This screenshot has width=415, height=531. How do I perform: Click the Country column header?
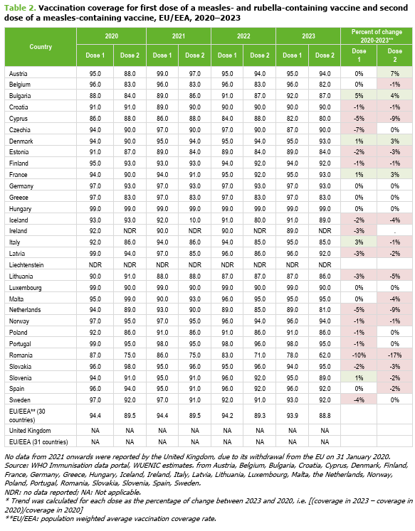[41, 47]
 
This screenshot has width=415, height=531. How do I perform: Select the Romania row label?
[21, 355]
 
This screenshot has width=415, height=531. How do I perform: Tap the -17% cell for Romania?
[394, 355]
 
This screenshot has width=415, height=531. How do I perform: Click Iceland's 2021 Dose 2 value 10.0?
[195, 220]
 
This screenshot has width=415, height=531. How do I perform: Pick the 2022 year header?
[243, 36]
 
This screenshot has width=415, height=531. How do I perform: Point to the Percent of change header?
[377, 36]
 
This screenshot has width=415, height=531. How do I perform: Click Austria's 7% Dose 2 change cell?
[394, 73]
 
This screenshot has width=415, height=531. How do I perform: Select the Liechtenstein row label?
[26, 265]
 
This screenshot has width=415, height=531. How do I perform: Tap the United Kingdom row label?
[30, 431]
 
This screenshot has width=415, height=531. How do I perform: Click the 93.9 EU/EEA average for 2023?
[293, 416]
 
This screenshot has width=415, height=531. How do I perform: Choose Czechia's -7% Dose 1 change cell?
[359, 129]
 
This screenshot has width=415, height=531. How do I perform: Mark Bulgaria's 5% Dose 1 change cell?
[359, 96]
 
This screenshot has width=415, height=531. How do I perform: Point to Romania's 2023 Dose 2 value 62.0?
[325, 355]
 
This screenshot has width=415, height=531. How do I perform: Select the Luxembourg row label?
[26, 288]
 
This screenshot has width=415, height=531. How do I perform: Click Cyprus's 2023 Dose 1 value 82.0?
[293, 119]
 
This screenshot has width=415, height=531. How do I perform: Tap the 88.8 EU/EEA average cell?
[325, 416]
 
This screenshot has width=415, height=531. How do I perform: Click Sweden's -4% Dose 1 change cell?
[359, 400]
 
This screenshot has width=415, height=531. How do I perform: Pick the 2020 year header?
[112, 36]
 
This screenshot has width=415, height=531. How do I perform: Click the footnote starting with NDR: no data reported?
[73, 492]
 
